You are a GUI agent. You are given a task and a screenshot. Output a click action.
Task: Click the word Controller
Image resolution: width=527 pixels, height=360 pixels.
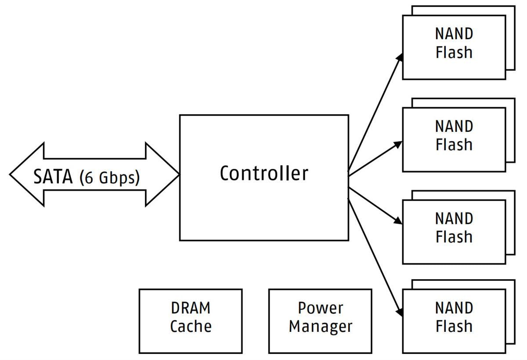(264, 173)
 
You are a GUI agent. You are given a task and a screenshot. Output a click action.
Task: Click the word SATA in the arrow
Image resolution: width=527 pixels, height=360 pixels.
(53, 177)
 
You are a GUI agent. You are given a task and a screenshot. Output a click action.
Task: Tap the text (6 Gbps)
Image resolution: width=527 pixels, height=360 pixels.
(109, 178)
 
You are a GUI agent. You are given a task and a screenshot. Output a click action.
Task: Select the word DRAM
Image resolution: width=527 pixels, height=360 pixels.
(191, 308)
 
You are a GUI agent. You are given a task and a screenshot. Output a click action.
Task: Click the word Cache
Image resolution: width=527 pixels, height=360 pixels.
(191, 326)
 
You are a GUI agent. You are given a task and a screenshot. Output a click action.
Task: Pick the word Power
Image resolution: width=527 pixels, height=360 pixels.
(320, 308)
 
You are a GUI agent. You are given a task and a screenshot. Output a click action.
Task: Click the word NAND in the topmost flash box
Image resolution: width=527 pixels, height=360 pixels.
(454, 34)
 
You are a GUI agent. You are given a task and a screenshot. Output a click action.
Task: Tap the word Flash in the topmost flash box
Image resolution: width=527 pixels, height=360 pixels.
(454, 52)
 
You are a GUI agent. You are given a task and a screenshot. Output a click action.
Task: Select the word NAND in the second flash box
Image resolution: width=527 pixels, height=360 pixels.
(454, 126)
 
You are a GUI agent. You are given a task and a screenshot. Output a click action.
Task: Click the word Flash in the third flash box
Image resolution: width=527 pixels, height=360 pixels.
(454, 237)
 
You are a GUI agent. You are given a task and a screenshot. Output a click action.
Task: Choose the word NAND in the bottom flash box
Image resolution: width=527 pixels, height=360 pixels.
(454, 308)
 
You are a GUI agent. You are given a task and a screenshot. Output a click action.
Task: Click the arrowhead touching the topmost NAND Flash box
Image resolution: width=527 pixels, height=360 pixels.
(399, 58)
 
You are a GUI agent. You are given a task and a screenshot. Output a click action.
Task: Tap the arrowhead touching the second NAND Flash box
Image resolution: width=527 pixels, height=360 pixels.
(398, 144)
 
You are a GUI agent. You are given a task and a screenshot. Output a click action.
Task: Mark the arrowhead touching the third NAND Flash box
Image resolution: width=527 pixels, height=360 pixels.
(398, 221)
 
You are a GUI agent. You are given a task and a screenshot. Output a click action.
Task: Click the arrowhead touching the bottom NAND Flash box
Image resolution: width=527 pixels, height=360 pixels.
(399, 311)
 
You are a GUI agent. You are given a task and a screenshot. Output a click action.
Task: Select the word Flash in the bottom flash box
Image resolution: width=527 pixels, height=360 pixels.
(454, 326)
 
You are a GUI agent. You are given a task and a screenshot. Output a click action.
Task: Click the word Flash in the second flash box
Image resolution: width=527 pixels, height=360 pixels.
(454, 145)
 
